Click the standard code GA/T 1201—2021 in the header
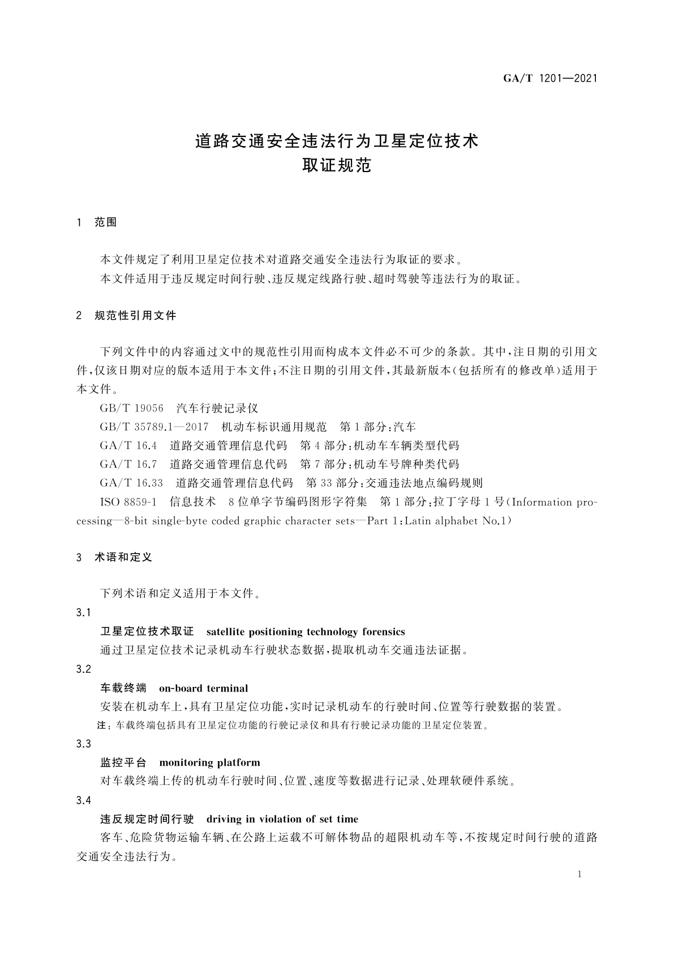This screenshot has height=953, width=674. coord(550,79)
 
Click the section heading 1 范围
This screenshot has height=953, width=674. coord(97,222)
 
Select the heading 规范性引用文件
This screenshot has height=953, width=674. coord(135,316)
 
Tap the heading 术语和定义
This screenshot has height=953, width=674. coord(123,557)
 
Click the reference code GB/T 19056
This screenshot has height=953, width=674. coord(131,409)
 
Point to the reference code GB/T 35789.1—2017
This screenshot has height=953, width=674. coord(154,427)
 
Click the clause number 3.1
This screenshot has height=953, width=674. coord(83,613)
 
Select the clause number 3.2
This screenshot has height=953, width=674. coord(83,669)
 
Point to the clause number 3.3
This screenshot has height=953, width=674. coord(83,744)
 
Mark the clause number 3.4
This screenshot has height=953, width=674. coord(83,800)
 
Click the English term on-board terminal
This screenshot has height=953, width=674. coord(203,689)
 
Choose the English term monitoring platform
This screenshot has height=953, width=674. coord(209,763)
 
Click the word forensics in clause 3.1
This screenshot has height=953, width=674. coord(383,632)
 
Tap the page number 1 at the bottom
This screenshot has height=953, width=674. coord(579,874)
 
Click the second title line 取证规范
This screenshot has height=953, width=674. coord(337,166)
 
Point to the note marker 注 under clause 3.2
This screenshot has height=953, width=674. coord(102,726)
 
